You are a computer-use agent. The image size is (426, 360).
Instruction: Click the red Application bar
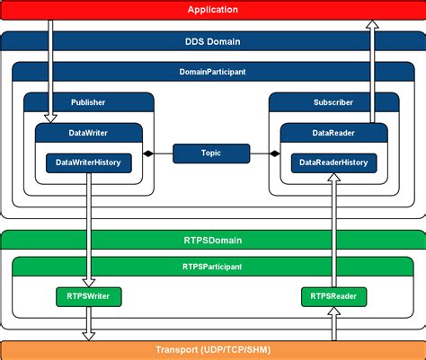click(213, 10)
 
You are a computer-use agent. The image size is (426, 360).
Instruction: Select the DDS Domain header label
click(213, 41)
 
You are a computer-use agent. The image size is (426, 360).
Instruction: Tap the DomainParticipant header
click(213, 71)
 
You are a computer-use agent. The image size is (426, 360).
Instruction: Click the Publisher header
click(88, 102)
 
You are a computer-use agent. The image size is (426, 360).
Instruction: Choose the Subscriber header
click(333, 102)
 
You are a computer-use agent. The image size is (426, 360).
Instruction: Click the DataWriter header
click(88, 132)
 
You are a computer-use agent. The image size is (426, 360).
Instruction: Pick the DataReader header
click(333, 132)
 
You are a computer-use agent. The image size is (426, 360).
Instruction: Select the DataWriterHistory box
click(88, 162)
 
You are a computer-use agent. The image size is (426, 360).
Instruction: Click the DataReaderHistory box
click(333, 162)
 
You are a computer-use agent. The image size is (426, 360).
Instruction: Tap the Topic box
click(211, 154)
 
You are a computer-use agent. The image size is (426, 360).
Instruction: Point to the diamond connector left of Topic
click(149, 154)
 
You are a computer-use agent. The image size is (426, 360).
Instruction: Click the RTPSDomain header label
click(213, 240)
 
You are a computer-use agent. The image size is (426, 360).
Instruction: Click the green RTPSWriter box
click(88, 295)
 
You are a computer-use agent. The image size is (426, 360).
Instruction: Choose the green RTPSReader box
click(333, 295)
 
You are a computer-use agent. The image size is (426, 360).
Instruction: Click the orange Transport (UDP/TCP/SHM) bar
click(213, 350)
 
